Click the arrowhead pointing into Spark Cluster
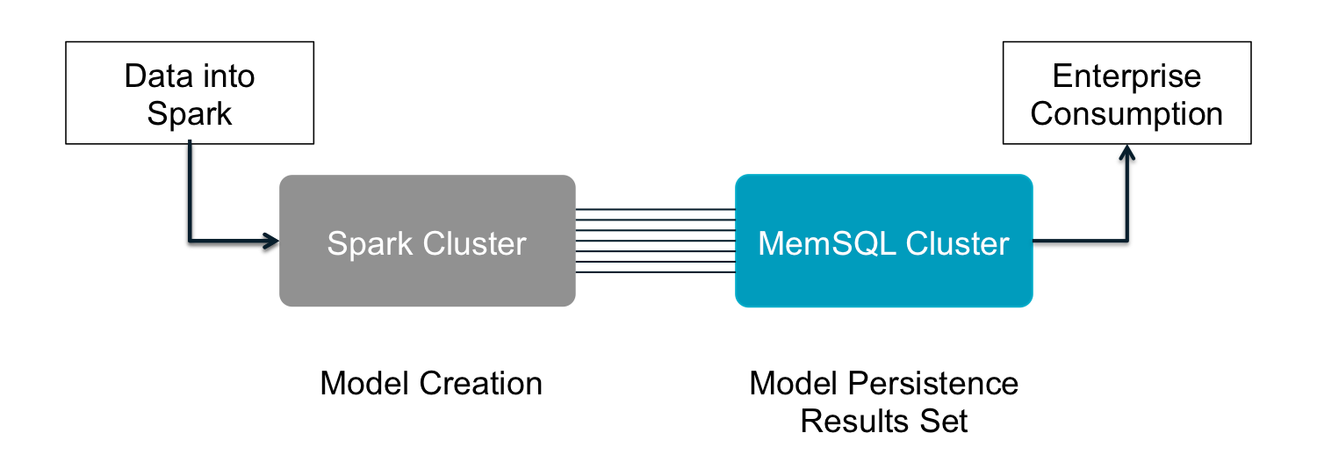point(272,240)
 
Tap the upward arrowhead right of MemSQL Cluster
point(1127,151)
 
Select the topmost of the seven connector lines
point(655,210)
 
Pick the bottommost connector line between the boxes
point(655,271)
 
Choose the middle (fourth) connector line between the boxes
point(655,241)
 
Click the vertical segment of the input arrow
point(190,189)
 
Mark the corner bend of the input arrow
point(190,240)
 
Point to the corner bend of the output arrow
point(1127,240)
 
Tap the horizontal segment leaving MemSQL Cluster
point(1080,240)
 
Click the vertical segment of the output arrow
point(1127,198)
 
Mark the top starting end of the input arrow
point(190,140)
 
